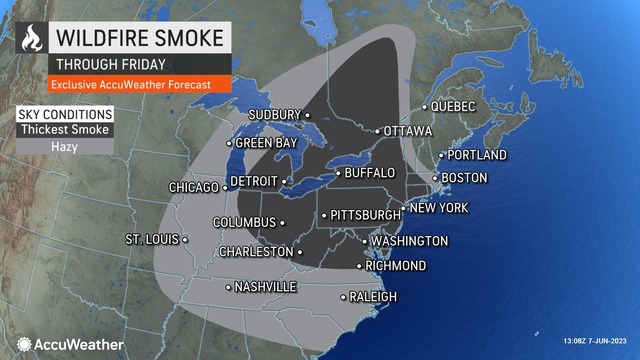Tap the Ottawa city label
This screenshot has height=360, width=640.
[409, 131]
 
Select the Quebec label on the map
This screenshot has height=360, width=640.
[453, 106]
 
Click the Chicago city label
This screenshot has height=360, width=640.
[193, 187]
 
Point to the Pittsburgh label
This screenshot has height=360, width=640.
[363, 215]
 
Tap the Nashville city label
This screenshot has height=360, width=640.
[265, 287]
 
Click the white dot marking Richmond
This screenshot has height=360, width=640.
[361, 266]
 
